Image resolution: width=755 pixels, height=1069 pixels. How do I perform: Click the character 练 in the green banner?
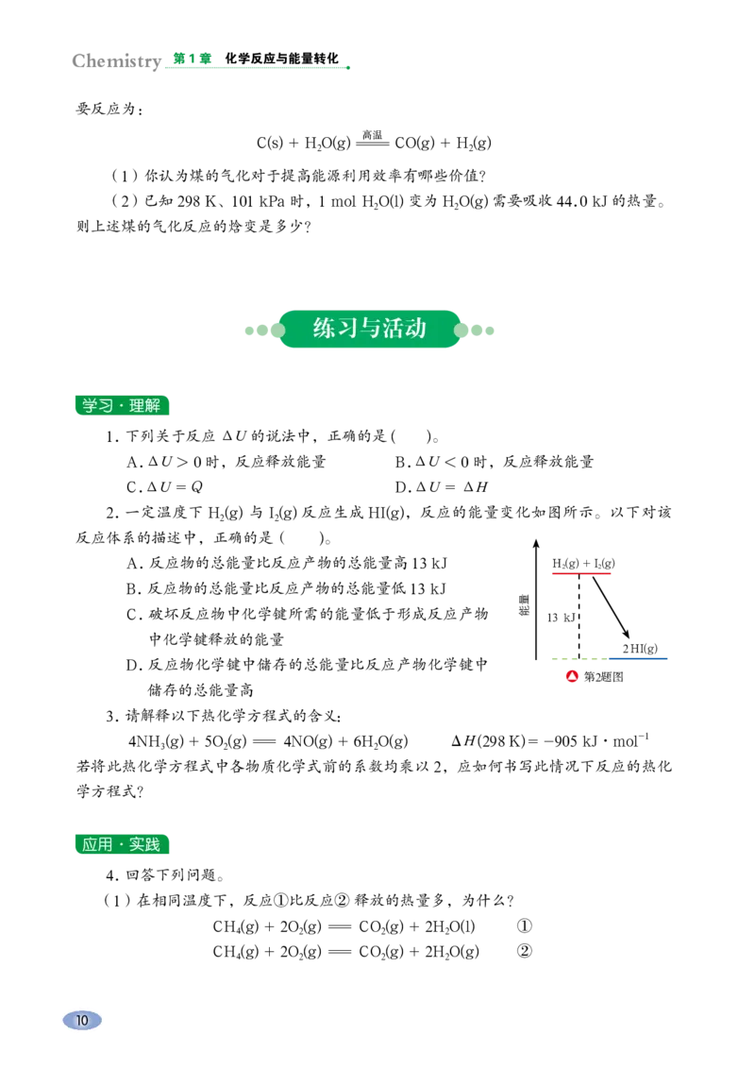(x=324, y=329)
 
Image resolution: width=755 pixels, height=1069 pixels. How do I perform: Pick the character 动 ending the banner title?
(x=416, y=329)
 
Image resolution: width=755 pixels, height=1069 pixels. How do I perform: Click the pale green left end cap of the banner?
(x=262, y=331)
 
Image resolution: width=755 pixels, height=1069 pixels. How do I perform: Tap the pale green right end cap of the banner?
(x=477, y=331)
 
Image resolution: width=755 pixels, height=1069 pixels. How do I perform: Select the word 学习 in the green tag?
(x=96, y=406)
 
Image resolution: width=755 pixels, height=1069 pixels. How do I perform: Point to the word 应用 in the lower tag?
(x=96, y=845)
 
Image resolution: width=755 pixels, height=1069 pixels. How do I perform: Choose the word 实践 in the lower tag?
(x=145, y=845)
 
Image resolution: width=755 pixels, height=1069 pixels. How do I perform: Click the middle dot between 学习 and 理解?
(x=121, y=406)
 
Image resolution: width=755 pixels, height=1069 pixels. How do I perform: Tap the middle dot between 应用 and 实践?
(x=121, y=845)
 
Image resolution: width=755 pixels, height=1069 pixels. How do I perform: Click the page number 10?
(x=82, y=1020)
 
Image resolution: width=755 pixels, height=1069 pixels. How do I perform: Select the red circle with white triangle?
(x=572, y=675)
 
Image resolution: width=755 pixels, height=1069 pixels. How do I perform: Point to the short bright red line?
(x=580, y=573)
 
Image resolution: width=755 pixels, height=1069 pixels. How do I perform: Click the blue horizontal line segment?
(x=640, y=660)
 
